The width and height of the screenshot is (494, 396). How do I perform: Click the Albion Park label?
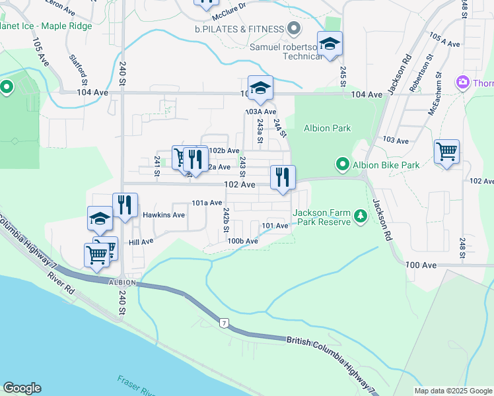tap(327, 128)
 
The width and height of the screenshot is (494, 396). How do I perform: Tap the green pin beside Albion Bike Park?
tap(342, 164)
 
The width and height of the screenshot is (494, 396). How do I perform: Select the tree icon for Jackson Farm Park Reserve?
tap(360, 216)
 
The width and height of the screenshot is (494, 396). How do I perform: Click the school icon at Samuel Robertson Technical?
tap(330, 44)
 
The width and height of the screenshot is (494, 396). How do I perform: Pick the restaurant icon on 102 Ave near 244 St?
tap(283, 177)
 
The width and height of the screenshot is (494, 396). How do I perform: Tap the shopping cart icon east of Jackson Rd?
tap(447, 152)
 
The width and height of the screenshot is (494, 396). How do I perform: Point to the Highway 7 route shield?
tap(225, 323)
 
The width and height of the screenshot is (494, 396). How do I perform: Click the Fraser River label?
tap(136, 386)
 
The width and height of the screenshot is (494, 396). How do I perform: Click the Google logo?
tap(22, 388)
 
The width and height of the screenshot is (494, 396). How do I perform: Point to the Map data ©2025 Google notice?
tap(453, 391)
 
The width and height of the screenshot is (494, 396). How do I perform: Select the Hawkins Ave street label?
tap(163, 215)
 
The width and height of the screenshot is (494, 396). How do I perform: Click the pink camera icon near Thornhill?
tap(463, 82)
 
